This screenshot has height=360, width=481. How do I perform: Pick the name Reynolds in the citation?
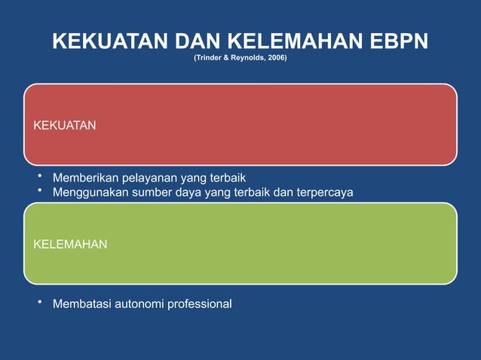pyautogui.click(x=246, y=57)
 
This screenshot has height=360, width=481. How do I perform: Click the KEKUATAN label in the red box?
pyautogui.click(x=65, y=125)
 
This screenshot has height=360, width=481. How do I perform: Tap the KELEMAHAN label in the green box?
pyautogui.click(x=70, y=244)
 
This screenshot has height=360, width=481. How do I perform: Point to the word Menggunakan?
pyautogui.click(x=90, y=193)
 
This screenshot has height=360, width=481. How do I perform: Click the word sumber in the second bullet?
pyautogui.click(x=150, y=193)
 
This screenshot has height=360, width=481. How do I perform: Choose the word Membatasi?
pyautogui.click(x=79, y=304)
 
